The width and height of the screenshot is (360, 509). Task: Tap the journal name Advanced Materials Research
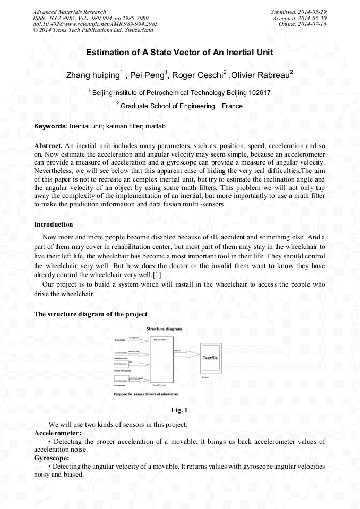70,12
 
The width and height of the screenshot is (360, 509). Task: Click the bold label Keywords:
51,126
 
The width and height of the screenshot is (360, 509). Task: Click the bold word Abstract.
48,145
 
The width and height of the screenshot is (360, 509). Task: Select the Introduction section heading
54,225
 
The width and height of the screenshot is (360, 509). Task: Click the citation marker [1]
157,274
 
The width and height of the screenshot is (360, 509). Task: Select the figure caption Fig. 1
179,410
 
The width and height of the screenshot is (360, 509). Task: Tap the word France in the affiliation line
232,106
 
